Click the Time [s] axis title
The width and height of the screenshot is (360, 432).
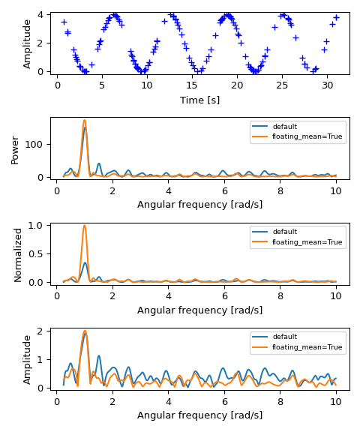pos(199,100)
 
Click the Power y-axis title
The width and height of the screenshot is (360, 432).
pos(15,149)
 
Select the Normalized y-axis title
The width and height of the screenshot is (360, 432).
pos(18,254)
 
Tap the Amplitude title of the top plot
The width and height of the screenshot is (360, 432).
pos(27,43)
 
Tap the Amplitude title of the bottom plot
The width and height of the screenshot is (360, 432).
pos(27,359)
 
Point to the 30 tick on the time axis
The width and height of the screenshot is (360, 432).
pos(328,85)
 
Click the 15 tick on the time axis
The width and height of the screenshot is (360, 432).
pos(192,85)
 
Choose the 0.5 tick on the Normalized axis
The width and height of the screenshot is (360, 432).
pos(36,253)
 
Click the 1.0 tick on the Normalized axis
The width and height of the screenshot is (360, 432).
pos(36,225)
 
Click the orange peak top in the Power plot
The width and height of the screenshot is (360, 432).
pos(84,120)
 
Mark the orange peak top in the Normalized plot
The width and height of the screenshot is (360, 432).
pos(84,225)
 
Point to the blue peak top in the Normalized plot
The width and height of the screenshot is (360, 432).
pos(85,262)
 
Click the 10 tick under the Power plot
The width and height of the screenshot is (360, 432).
pos(335,190)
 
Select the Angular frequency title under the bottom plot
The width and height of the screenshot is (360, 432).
pos(199,415)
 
